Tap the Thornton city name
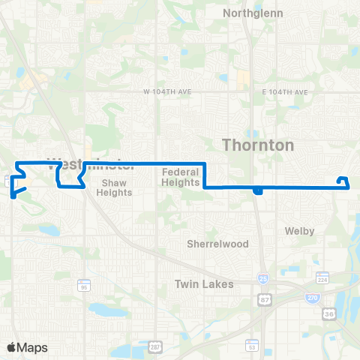pyautogui.click(x=258, y=145)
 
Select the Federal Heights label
pyautogui.click(x=180, y=176)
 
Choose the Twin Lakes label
pyautogui.click(x=204, y=284)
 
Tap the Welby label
pyautogui.click(x=299, y=231)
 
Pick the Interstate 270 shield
pyautogui.click(x=311, y=298)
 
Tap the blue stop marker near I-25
pyautogui.click(x=257, y=190)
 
